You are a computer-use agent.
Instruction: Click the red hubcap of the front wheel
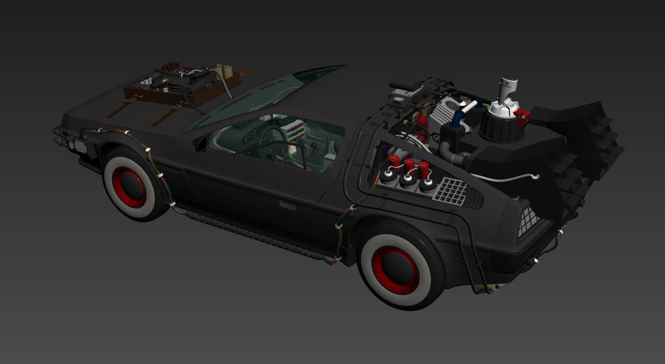coord(129,187)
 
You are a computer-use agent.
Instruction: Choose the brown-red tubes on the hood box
coord(167,68)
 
